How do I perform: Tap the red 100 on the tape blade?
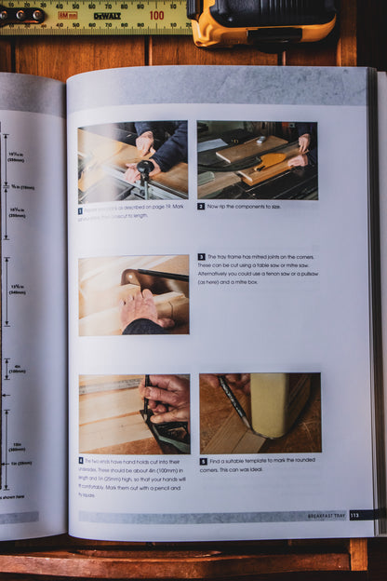tap(156, 15)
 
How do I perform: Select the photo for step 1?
tap(132, 160)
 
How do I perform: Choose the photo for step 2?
tap(257, 160)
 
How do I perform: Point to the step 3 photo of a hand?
tap(133, 295)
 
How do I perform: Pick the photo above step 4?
tap(134, 413)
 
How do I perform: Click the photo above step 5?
tap(260, 413)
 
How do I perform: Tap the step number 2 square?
tap(201, 206)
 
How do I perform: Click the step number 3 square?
tap(201, 257)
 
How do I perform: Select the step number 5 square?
tap(203, 461)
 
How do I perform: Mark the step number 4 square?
tap(81, 461)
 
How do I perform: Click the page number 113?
tap(354, 515)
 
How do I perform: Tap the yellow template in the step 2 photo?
tap(271, 161)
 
